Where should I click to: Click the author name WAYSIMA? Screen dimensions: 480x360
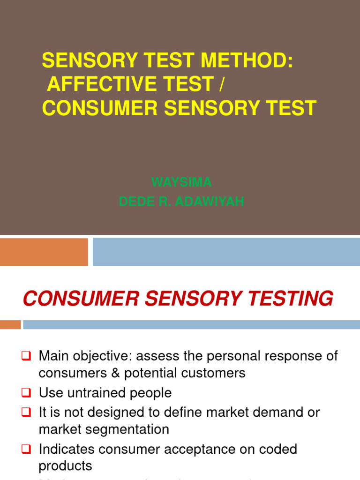click(x=181, y=181)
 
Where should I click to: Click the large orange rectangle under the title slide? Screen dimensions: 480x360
click(x=44, y=252)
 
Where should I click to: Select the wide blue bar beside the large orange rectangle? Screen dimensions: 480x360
click(x=226, y=252)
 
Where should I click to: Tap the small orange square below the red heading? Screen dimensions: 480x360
click(x=10, y=324)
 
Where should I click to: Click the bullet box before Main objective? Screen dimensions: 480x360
click(x=26, y=356)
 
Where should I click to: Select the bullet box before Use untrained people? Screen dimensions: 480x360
click(x=26, y=393)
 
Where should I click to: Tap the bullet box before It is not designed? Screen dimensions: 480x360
click(x=26, y=413)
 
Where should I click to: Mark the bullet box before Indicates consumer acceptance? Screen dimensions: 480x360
click(x=26, y=450)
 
